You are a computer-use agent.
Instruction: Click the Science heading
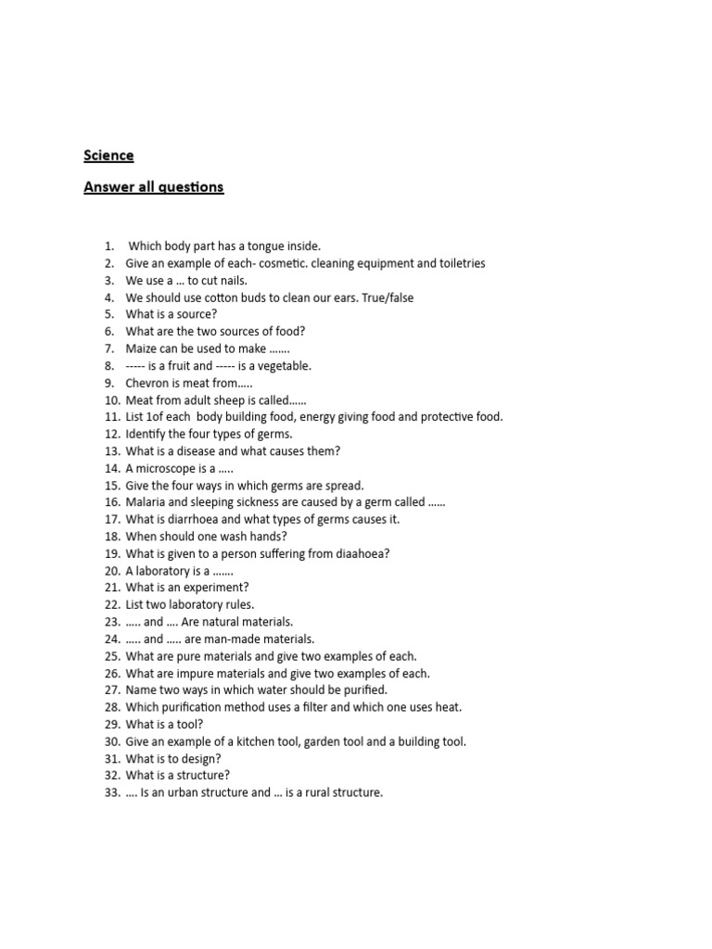pyautogui.click(x=108, y=155)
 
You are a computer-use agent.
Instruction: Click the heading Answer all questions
pyautogui.click(x=153, y=187)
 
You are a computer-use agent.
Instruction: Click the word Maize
pyautogui.click(x=142, y=348)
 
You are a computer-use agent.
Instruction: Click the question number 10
pyautogui.click(x=111, y=400)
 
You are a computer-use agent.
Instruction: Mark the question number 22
pyautogui.click(x=112, y=604)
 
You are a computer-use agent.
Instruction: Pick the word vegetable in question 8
pyautogui.click(x=282, y=366)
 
